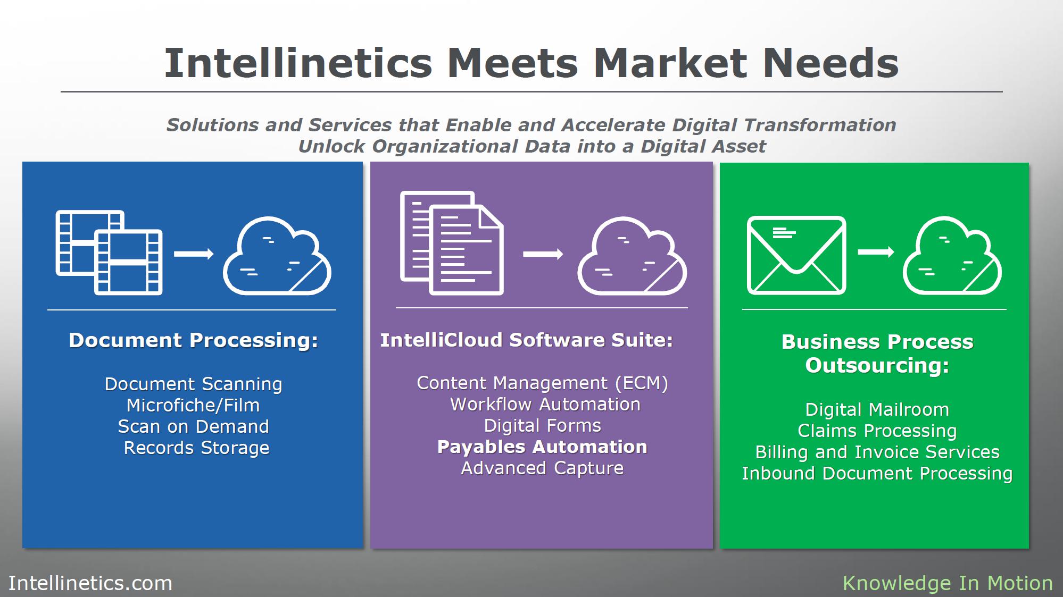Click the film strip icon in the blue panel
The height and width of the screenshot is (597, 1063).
[109, 253]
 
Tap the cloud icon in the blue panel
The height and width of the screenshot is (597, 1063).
[277, 256]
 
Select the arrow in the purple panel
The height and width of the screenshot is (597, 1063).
[543, 254]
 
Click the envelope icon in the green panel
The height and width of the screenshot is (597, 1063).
[796, 255]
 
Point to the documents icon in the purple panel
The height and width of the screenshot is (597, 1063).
[452, 243]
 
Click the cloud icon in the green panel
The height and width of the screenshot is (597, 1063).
[952, 256]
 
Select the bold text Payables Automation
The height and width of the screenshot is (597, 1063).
[542, 447]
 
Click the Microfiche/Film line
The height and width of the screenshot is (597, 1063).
[193, 406]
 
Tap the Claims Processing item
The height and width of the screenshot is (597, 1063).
[877, 431]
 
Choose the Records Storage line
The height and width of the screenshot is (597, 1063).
[196, 448]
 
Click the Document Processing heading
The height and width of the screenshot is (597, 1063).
[193, 340]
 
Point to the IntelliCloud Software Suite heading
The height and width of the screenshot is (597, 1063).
[526, 340]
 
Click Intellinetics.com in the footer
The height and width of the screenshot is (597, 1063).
[90, 583]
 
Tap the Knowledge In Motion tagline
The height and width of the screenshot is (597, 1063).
[948, 583]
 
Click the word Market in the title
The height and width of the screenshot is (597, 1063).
[670, 63]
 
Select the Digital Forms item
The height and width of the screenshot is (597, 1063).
[542, 426]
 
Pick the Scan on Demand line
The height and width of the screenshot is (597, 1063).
[193, 427]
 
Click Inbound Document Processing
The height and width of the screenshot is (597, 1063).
[877, 474]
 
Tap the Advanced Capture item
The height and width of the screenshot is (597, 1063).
[542, 468]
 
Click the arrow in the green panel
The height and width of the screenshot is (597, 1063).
[876, 251]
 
